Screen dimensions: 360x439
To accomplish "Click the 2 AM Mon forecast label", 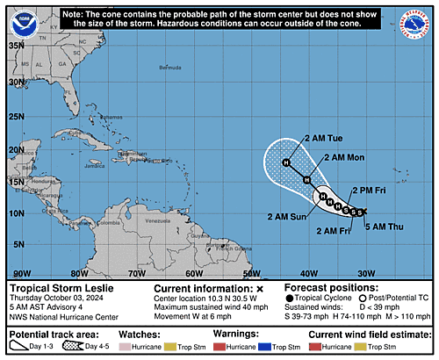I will (344, 157).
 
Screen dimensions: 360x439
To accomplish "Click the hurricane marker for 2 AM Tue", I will (286, 162).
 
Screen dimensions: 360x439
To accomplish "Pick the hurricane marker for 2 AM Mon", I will (306, 180).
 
